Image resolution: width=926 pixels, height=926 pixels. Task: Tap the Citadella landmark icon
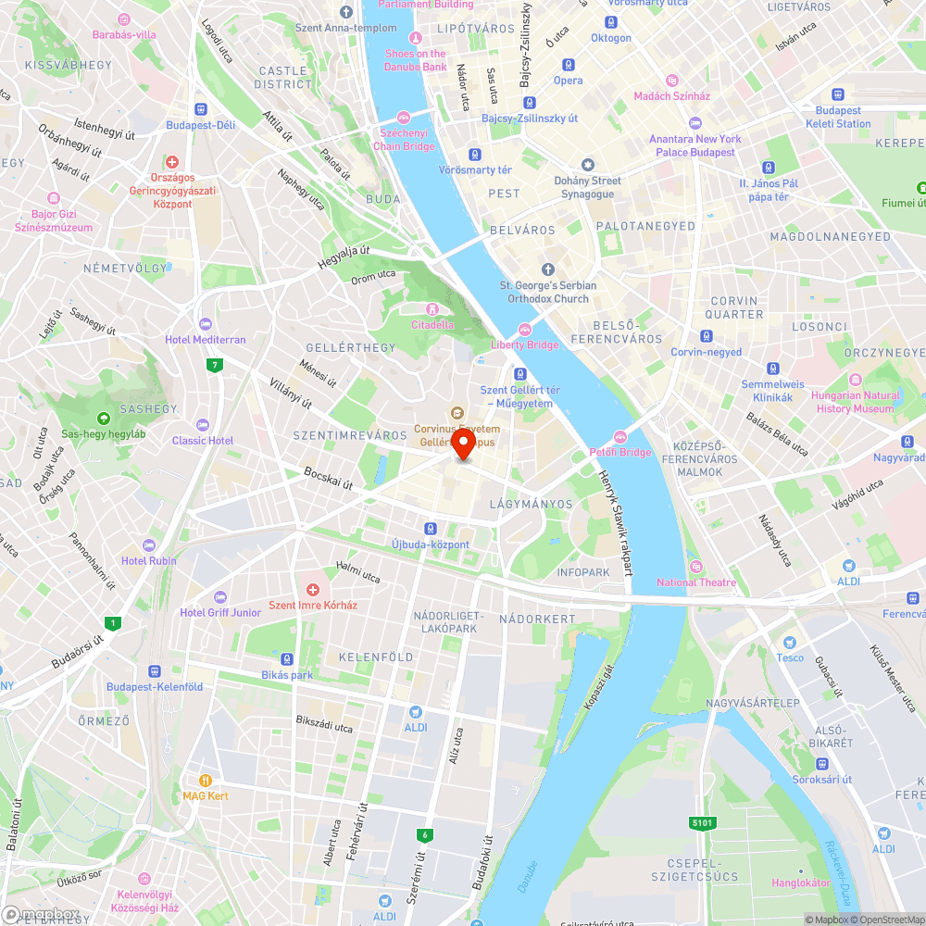pos(431,309)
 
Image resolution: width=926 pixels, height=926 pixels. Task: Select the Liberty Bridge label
pos(524,344)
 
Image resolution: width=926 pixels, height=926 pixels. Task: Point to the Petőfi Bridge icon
pos(619,437)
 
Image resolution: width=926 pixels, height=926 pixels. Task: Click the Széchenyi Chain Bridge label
pos(404,140)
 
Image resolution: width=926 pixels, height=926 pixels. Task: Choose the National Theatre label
pos(696,582)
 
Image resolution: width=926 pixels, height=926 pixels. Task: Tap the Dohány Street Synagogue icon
pos(587,164)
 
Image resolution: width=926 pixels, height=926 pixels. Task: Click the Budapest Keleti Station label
pos(838,117)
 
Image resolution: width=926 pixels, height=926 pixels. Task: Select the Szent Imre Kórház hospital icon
pos(313,590)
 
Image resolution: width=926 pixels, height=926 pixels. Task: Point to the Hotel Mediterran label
pos(206,340)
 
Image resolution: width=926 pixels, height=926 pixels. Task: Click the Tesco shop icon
pos(790,642)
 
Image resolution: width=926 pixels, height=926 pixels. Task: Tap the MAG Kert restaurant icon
pos(206,781)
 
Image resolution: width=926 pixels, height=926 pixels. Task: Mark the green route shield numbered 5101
pos(702,822)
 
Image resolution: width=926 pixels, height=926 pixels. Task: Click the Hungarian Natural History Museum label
pos(855,402)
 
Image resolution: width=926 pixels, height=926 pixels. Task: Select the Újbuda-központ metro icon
pos(431,529)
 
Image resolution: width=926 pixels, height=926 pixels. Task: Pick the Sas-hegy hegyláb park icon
pos(102,418)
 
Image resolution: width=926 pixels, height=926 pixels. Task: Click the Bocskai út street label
pos(329,478)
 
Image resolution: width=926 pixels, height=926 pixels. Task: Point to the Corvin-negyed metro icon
pos(707,336)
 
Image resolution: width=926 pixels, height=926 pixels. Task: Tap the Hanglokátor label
pos(801,882)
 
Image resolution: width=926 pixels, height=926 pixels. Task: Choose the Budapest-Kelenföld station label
pos(155,686)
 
